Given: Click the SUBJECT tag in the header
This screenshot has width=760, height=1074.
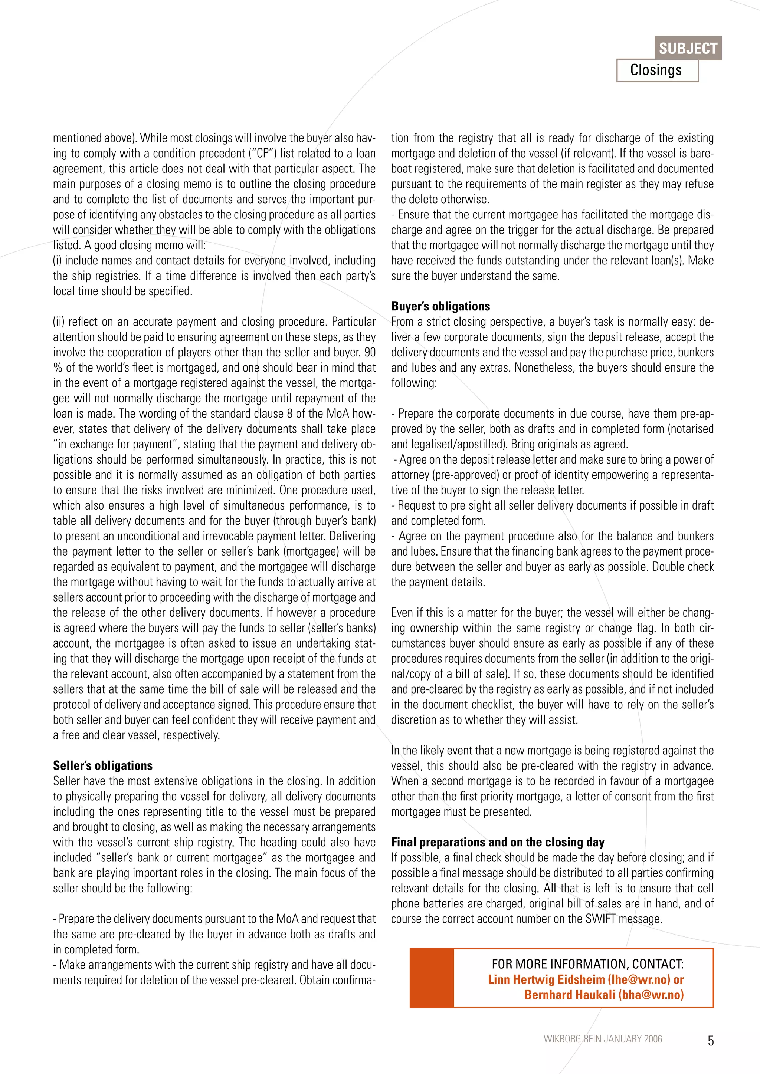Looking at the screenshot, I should tap(688, 48).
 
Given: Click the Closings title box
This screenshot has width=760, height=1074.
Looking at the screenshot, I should tap(656, 70).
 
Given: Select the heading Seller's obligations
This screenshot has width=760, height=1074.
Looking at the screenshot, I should tap(102, 765).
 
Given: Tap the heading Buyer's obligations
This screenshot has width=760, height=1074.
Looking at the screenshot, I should tap(440, 306).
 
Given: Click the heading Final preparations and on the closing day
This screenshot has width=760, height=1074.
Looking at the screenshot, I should tap(498, 842).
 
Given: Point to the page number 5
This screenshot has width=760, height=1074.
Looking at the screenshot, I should tap(710, 1041).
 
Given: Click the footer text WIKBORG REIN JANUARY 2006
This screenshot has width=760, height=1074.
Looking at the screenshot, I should tap(602, 1039).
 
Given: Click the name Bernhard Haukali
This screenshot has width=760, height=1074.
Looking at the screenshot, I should tap(570, 995).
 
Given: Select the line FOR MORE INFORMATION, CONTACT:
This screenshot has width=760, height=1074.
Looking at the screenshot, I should tap(587, 963).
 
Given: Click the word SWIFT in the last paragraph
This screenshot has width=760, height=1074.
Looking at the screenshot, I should tap(600, 919).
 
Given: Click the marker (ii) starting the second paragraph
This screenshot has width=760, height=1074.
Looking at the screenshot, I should tap(59, 322).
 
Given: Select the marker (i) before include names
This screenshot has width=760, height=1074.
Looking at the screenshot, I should tap(58, 261).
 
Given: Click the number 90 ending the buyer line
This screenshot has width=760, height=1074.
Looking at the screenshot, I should tap(369, 352).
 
